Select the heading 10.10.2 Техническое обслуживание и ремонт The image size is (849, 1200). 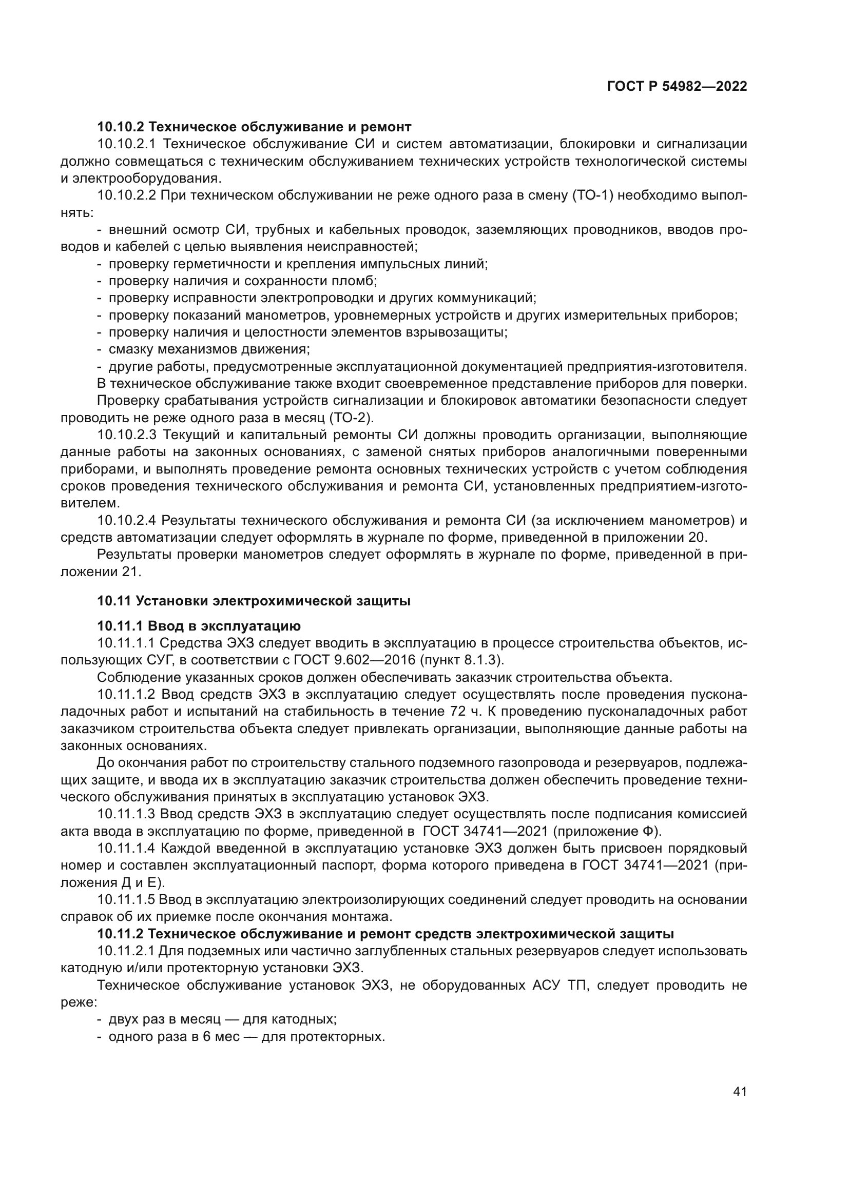click(254, 127)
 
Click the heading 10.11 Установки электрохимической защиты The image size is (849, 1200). click(254, 601)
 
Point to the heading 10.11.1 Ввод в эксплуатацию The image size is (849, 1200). click(199, 625)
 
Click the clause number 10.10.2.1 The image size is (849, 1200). click(127, 144)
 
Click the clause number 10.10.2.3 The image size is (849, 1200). click(127, 436)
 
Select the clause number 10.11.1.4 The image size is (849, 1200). click(127, 848)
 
